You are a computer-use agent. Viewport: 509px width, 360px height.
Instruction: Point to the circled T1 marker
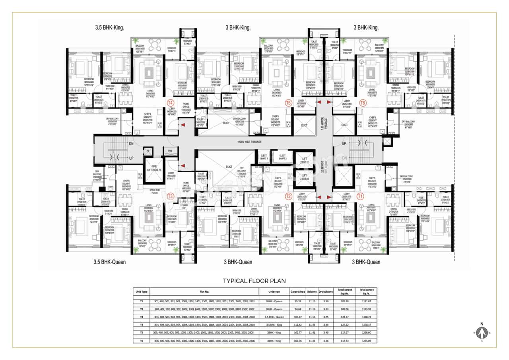tap(360, 196)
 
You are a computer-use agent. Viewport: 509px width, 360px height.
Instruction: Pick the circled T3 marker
tap(171, 196)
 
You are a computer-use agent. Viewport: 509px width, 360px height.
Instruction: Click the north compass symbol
tap(482, 332)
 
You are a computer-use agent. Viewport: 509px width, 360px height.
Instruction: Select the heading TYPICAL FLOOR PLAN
tap(254, 281)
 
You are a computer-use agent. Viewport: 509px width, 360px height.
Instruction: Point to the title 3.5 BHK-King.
tap(110, 28)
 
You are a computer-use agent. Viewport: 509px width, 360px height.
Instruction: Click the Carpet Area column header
tap(297, 292)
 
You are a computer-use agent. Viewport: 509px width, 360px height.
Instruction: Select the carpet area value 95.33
tap(297, 302)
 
